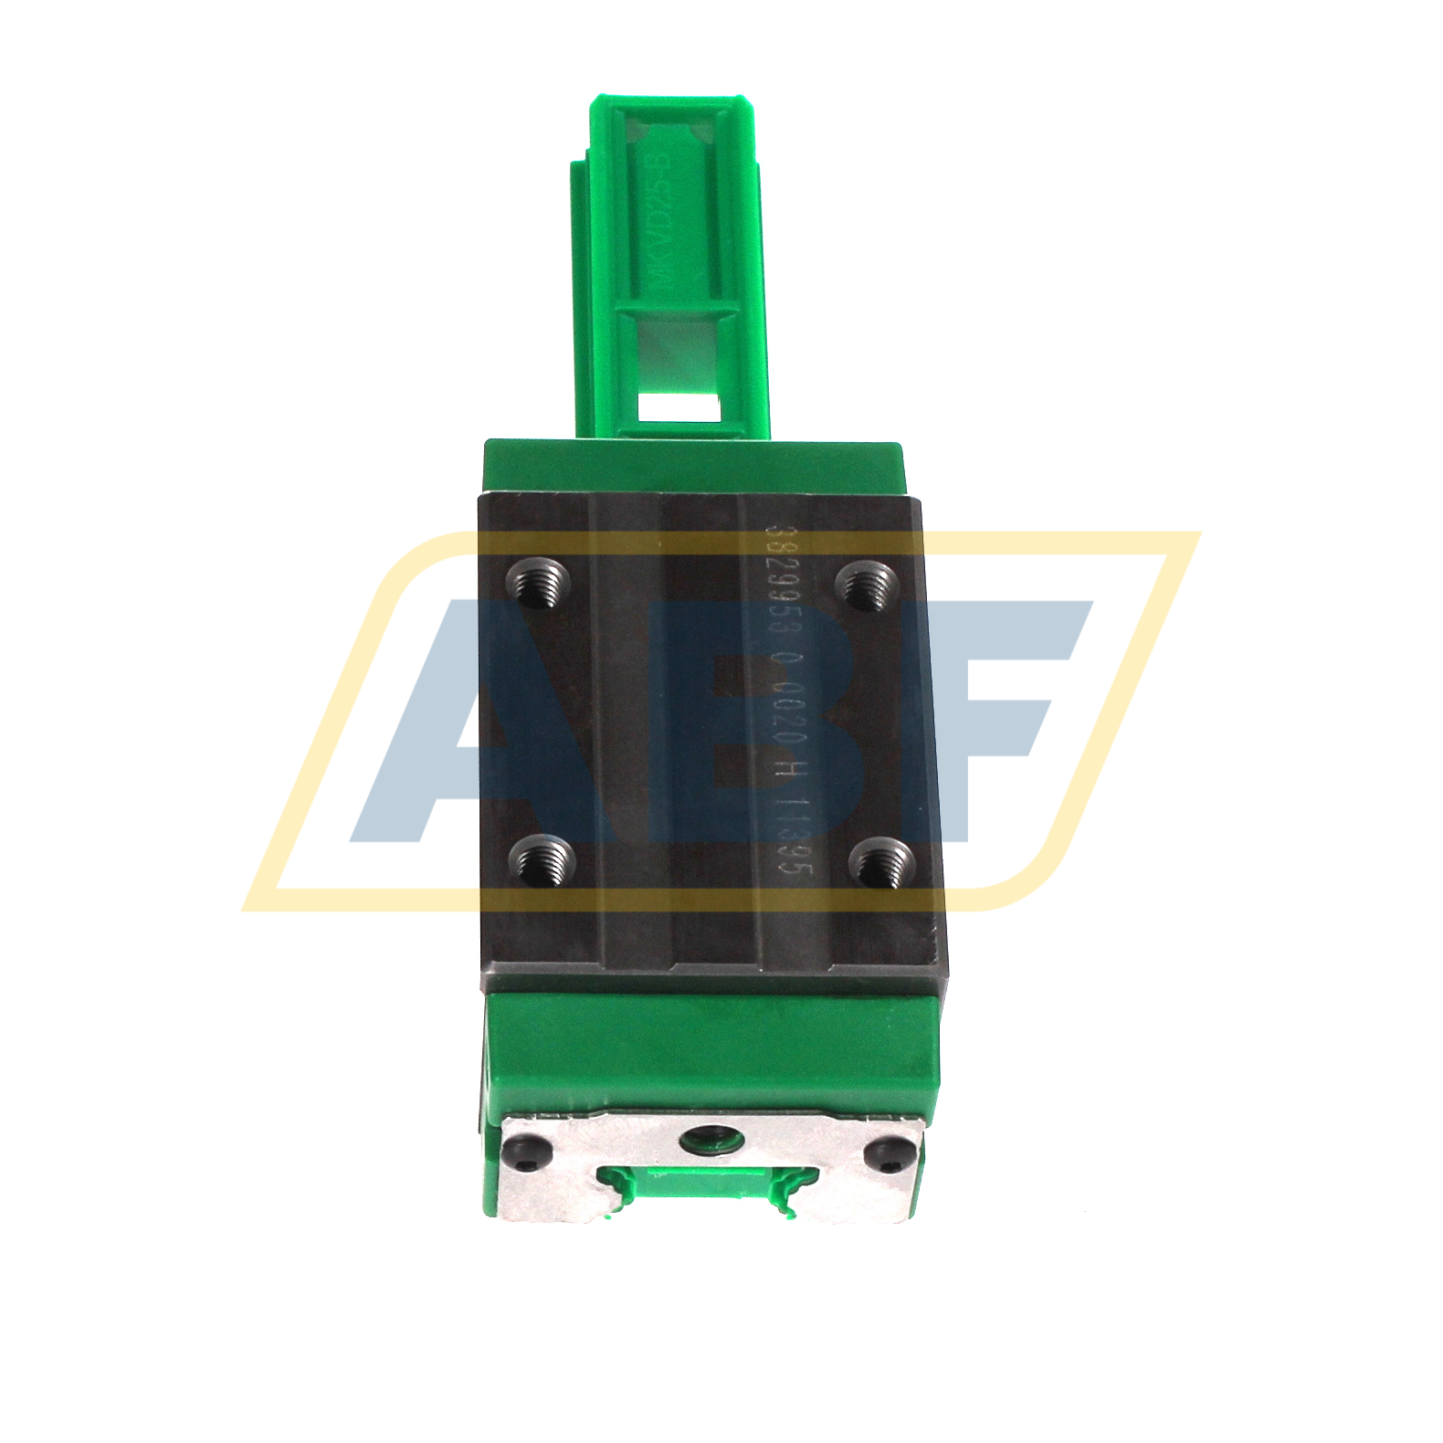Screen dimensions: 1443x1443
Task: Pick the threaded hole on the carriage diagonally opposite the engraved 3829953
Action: click(x=541, y=861)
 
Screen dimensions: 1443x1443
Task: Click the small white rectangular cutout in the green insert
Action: click(x=677, y=405)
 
